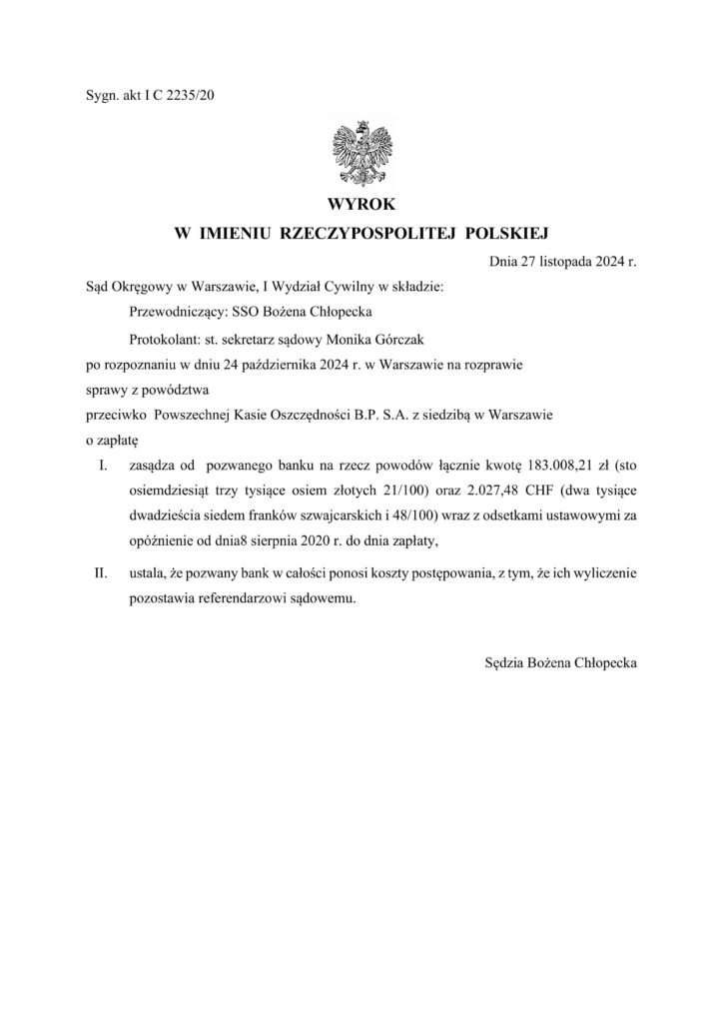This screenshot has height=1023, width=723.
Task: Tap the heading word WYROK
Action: (361, 206)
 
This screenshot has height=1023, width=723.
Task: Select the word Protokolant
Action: (164, 338)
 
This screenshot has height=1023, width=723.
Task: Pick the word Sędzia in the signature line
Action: (505, 661)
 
